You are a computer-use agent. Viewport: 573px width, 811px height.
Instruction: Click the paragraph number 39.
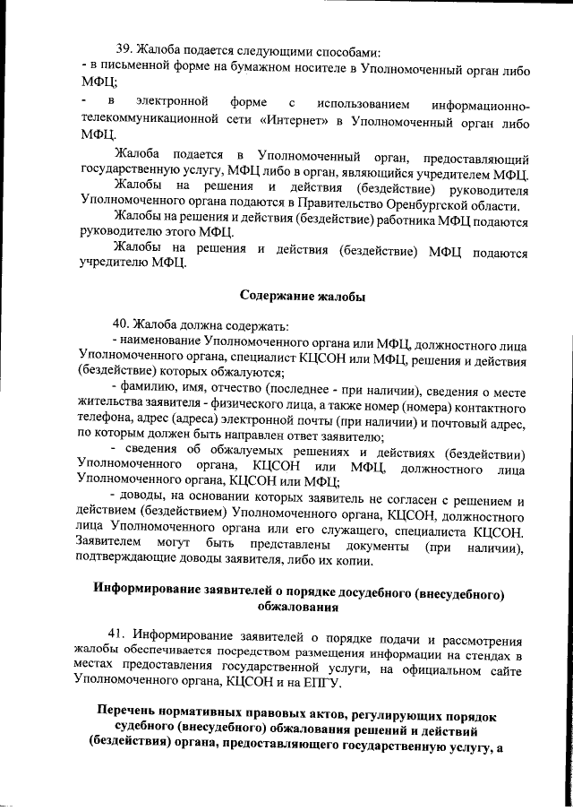127,50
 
